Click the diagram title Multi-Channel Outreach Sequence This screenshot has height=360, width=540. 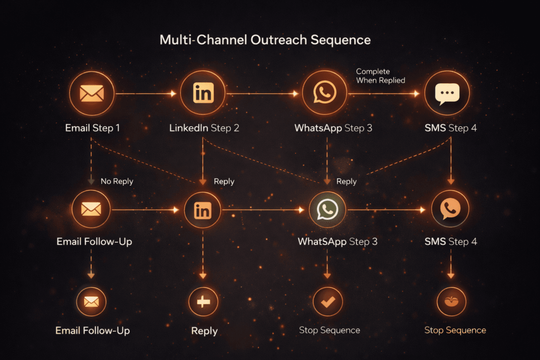(265, 40)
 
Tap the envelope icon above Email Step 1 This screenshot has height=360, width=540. (91, 93)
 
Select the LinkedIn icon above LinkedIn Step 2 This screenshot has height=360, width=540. (203, 93)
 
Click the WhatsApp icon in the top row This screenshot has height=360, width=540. (324, 93)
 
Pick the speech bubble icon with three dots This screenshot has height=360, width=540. (447, 94)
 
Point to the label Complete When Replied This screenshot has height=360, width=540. (380, 76)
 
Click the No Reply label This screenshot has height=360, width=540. (117, 181)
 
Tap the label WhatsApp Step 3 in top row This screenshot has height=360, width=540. (333, 128)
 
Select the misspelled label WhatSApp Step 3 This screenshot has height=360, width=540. (337, 242)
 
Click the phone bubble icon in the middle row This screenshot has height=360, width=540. (450, 209)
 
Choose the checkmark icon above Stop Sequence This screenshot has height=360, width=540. (327, 302)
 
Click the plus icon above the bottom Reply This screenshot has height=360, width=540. (204, 302)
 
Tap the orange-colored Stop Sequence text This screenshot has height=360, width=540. (455, 330)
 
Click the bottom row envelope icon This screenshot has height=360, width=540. (91, 301)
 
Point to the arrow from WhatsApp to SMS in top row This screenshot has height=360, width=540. (384, 94)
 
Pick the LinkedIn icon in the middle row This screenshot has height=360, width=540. (202, 210)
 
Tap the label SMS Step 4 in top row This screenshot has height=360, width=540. (450, 128)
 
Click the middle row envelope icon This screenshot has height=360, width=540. (91, 209)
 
